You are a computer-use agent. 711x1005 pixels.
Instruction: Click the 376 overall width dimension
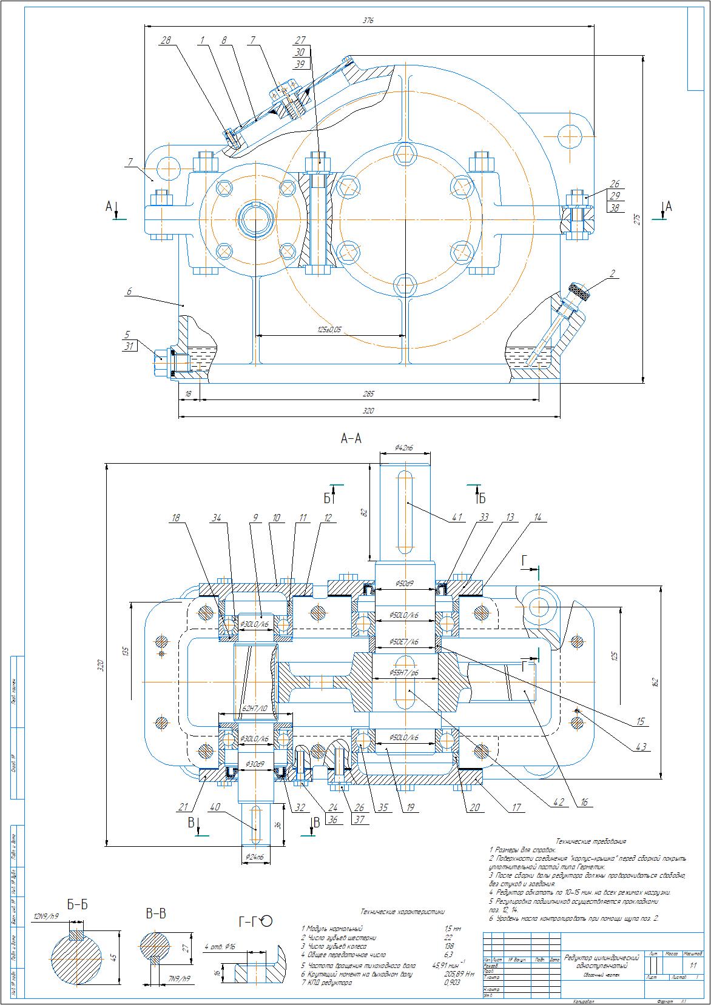pyautogui.click(x=368, y=20)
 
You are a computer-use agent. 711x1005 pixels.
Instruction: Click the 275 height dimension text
pyautogui.click(x=637, y=219)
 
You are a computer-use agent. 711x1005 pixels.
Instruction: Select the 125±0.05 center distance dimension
pyautogui.click(x=329, y=329)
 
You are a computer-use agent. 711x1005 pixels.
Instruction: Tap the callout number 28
pyautogui.click(x=166, y=40)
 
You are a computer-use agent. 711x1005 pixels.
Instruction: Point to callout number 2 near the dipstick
pyautogui.click(x=613, y=274)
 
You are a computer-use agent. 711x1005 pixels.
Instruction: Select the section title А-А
pyautogui.click(x=351, y=439)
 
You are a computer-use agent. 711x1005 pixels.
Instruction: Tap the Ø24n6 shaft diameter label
pyautogui.click(x=255, y=856)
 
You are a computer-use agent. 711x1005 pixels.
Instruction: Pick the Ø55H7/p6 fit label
pyautogui.click(x=405, y=673)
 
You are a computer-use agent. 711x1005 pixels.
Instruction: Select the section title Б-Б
pyautogui.click(x=77, y=905)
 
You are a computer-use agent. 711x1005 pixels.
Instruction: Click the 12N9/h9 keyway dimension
pyautogui.click(x=47, y=916)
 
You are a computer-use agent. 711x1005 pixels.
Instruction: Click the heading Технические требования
pyautogui.click(x=591, y=841)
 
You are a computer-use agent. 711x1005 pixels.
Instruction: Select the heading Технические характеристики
pyautogui.click(x=402, y=911)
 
